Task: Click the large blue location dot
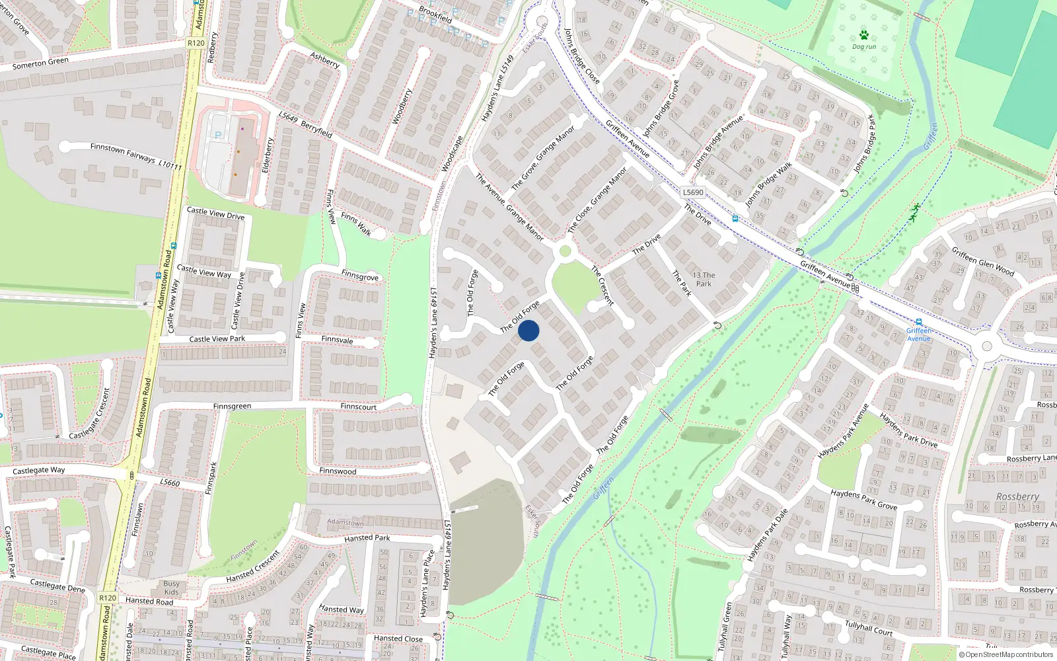528,330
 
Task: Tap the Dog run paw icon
863,35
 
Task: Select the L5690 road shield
693,192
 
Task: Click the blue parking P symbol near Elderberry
218,135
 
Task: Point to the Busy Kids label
171,588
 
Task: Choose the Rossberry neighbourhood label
1017,496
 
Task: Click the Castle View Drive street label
215,214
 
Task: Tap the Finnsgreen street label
232,407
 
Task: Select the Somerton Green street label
40,63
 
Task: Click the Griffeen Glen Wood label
983,260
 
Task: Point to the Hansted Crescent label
252,567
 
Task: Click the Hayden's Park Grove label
863,499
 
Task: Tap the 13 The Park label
704,279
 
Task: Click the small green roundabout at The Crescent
565,251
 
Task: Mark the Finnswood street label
338,471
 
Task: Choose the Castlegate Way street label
39,471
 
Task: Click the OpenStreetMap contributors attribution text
1006,654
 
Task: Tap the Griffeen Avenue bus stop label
918,334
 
